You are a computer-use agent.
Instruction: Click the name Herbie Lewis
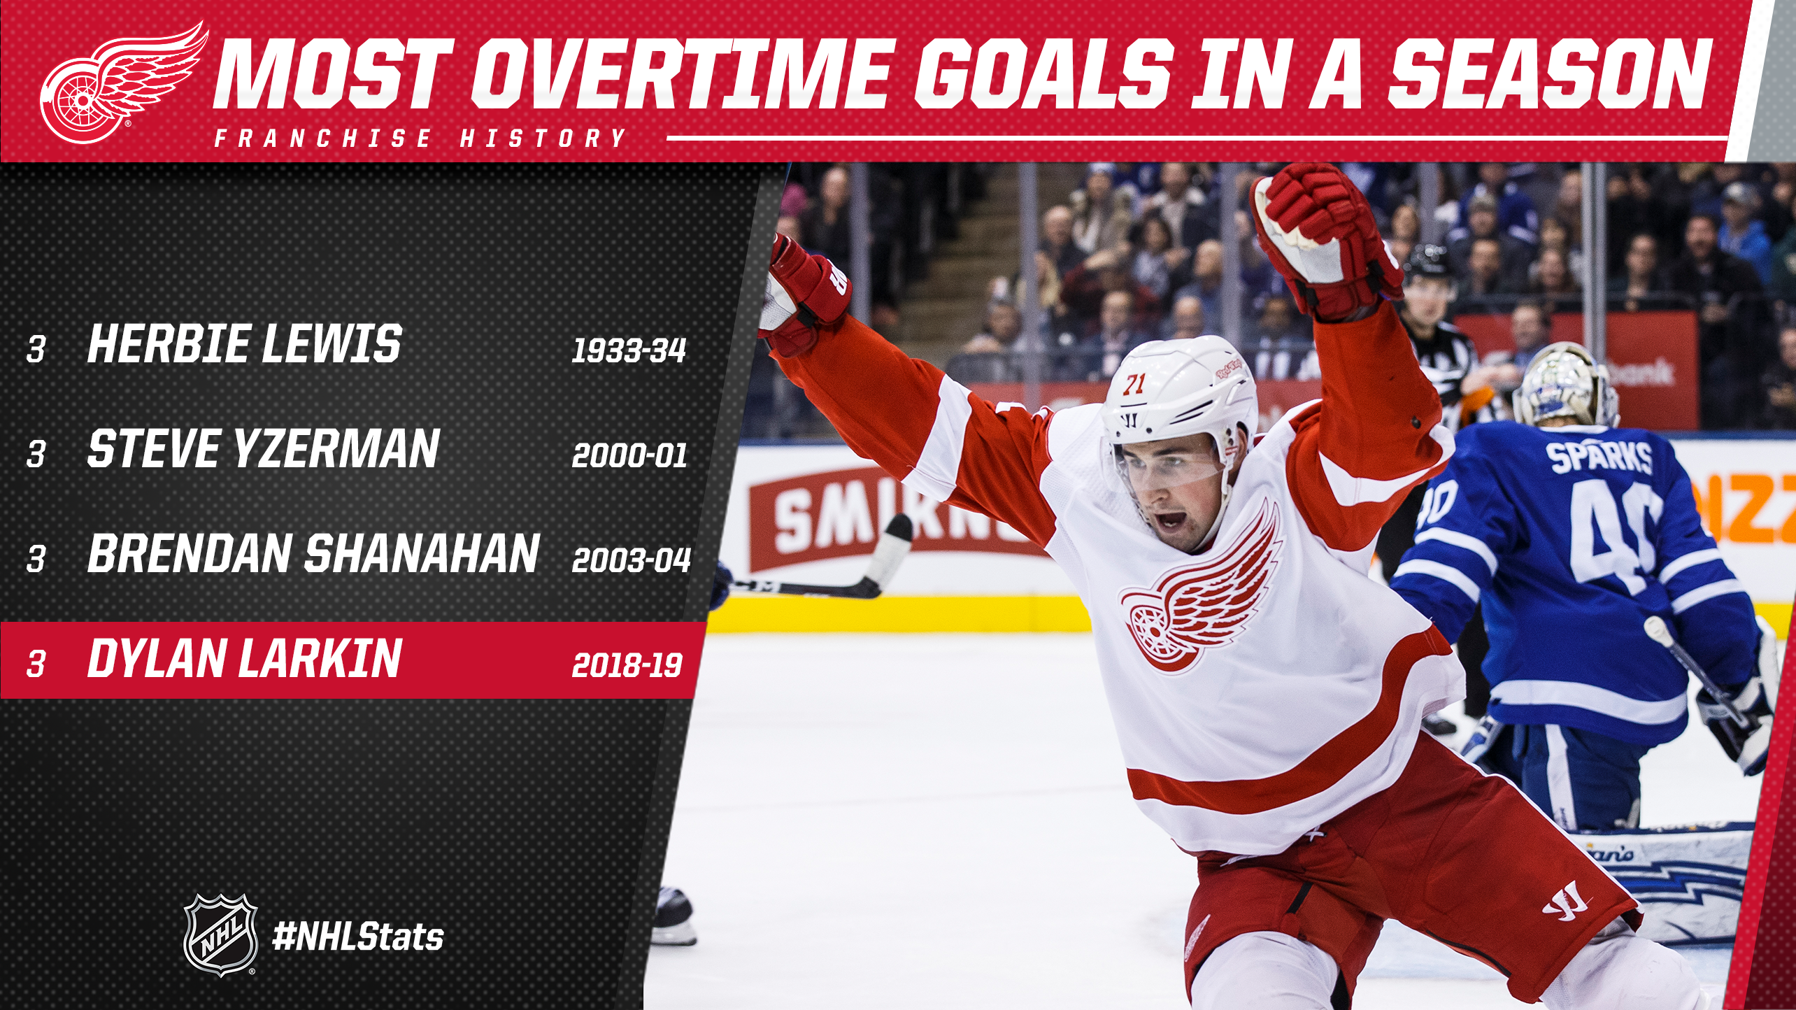point(244,344)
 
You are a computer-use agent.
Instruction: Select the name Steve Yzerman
point(263,448)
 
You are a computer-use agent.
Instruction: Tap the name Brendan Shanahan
point(313,553)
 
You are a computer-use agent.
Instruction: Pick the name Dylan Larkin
point(244,658)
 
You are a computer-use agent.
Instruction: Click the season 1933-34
point(629,350)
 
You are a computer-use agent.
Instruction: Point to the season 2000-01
point(629,455)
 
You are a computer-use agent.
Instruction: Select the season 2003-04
point(631,560)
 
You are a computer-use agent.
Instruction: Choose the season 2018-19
point(627,664)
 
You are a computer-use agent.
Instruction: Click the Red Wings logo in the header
point(122,81)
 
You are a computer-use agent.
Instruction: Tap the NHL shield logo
point(220,934)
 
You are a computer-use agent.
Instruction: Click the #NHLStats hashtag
point(358,937)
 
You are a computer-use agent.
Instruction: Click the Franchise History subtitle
point(420,138)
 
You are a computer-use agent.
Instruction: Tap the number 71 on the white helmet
point(1134,384)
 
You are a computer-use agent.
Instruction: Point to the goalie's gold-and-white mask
point(1565,384)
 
